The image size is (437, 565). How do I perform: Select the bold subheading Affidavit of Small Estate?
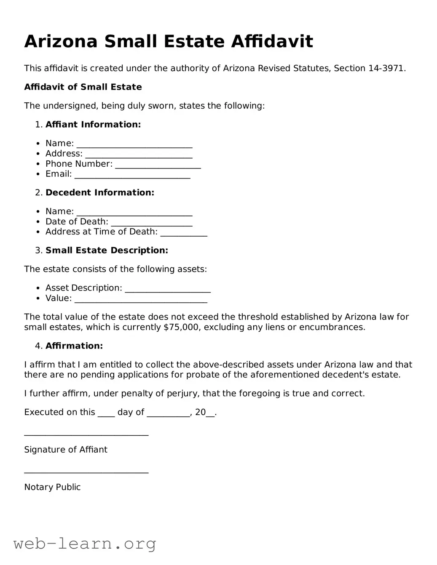83,87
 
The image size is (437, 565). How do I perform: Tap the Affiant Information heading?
93,125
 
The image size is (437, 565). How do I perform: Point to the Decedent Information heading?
100,193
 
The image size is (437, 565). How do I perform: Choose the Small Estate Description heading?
107,251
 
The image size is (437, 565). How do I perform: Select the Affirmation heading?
74,346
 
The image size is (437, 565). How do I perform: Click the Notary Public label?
52,487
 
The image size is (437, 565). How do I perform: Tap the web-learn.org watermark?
85,544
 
